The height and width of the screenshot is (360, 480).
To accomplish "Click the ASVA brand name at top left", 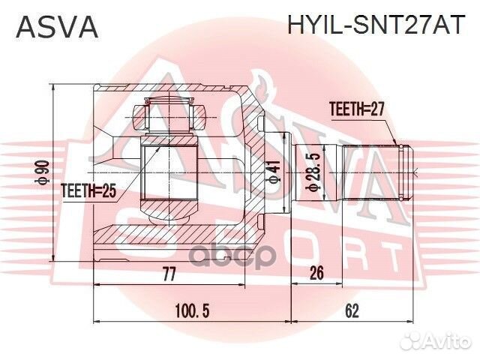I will [57, 28].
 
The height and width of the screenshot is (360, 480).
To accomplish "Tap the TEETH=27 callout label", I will [356, 109].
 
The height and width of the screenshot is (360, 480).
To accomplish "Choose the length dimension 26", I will [316, 274].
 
